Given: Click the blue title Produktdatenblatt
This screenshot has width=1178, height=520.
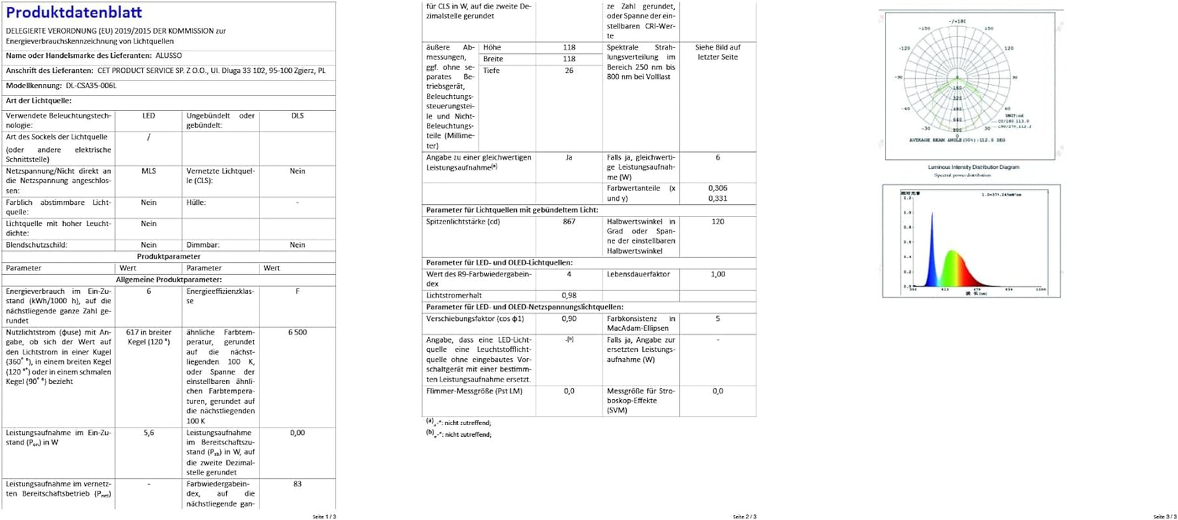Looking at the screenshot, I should [74, 12].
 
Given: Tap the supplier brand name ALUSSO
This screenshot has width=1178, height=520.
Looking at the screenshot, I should [168, 56].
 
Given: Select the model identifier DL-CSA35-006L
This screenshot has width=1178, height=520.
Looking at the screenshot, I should [91, 86].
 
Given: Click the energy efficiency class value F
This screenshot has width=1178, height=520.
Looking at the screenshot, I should [297, 291].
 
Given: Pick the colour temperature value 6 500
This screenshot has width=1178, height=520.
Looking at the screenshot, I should [297, 332].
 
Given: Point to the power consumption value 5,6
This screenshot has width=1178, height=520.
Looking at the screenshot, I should [149, 433].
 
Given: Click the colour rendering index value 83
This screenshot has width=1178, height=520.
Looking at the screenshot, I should [297, 484].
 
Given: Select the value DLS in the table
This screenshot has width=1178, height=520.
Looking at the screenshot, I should [297, 116].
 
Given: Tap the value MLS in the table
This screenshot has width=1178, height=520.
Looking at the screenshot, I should [149, 171].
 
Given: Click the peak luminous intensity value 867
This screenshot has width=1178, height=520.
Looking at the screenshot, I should [569, 222].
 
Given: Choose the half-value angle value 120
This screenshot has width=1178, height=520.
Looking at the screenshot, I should [718, 222].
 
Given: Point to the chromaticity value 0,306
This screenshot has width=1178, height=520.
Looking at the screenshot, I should [718, 188].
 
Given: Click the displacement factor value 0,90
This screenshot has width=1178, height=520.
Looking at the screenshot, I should [569, 319].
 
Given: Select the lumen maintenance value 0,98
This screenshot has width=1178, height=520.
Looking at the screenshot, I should [569, 296].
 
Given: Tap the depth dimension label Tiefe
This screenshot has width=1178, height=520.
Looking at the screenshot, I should [491, 71].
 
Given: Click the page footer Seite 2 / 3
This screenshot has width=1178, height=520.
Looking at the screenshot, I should [744, 517].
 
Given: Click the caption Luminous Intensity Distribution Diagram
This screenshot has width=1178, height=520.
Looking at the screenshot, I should [973, 168].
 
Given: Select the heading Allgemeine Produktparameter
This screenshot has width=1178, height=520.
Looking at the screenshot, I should [168, 279].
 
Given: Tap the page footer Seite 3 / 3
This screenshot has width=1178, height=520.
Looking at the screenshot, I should [1164, 517].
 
